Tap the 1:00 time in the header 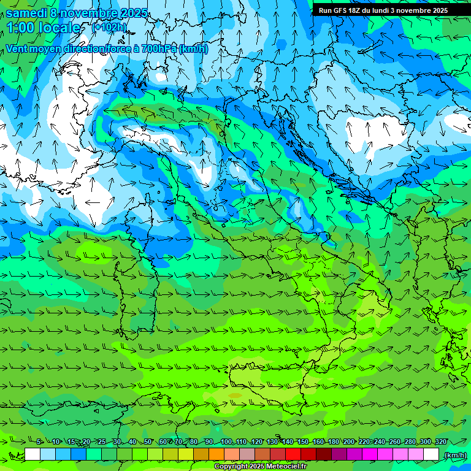click(20, 28)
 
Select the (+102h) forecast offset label click(110, 28)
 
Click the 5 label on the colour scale click(39, 442)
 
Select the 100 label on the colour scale click(226, 442)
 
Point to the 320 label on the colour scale click(441, 442)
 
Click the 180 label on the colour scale click(334, 442)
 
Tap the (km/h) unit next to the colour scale click(454, 454)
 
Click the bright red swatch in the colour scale click(293, 454)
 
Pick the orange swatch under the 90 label click(216, 454)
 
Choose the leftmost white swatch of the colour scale click(33, 454)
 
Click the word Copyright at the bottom click(232, 467)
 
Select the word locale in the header click(60, 28)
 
